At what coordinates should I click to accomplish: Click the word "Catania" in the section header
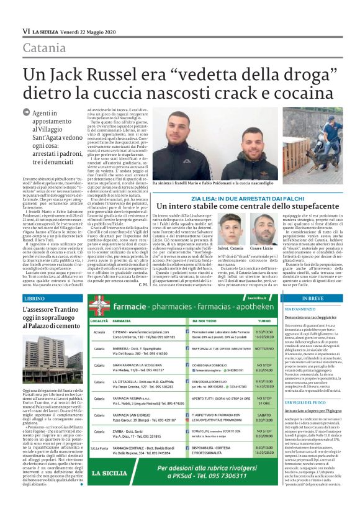[x=44, y=48]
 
